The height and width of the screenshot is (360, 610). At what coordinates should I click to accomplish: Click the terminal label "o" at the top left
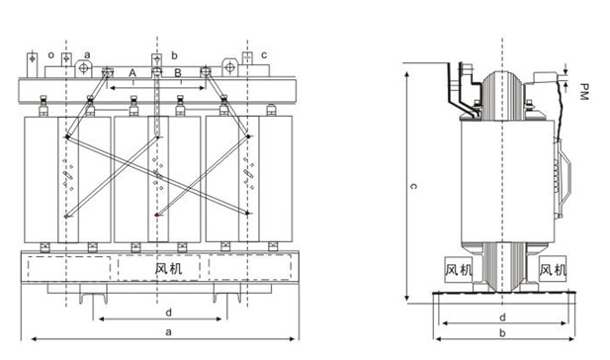click(51, 54)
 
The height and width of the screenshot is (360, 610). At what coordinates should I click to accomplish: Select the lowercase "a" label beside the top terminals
click(87, 54)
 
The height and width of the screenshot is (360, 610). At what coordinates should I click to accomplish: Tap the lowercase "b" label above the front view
click(174, 55)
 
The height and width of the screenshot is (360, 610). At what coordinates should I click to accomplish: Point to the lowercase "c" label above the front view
click(264, 54)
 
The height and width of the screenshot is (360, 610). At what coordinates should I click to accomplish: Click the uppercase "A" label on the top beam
click(132, 73)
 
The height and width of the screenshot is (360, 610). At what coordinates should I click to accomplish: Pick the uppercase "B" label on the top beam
click(178, 73)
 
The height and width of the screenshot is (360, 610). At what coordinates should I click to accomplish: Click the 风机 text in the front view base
click(168, 269)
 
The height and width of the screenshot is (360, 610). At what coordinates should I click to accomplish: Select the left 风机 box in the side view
click(459, 269)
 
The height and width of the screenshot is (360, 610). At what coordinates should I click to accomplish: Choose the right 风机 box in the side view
click(553, 269)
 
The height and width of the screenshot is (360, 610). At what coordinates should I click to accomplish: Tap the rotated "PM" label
click(583, 91)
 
